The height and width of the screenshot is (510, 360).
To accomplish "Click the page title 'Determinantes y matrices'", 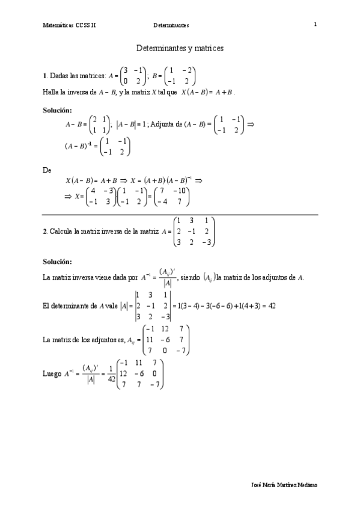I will [x=180, y=47].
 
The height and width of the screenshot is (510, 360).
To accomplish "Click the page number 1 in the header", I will [x=315, y=25].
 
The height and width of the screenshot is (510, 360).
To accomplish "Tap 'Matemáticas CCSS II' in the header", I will [x=69, y=25].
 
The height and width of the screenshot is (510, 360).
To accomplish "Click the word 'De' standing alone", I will [x=47, y=170].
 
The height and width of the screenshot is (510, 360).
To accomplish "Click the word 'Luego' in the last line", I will [x=52, y=373].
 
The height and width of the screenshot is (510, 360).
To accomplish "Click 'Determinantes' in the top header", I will [x=171, y=25].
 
